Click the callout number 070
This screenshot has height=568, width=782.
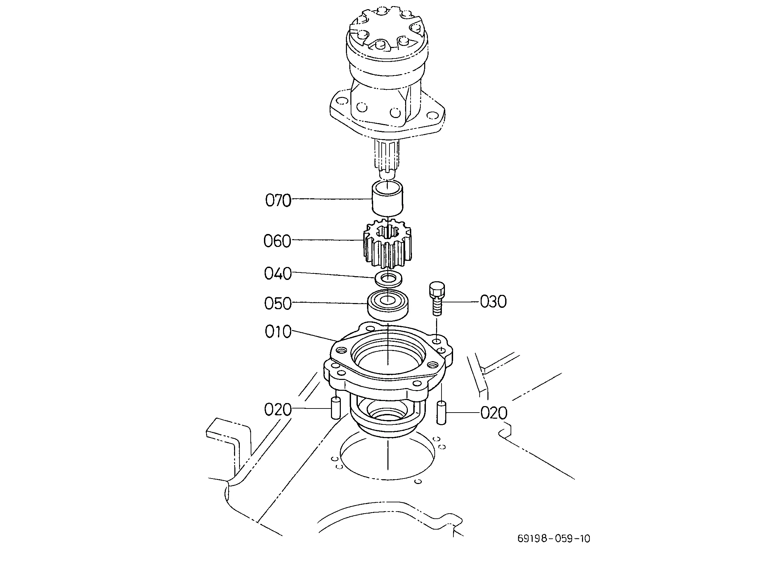pos(278,200)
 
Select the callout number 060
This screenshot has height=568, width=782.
pos(277,241)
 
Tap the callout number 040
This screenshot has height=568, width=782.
pos(278,273)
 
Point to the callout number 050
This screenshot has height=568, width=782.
pos(278,303)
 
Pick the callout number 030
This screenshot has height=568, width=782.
pos(494,301)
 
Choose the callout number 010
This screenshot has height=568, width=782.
pos(278,332)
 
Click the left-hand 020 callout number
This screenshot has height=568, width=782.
pos(278,410)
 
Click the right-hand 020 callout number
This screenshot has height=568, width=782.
pos(494,413)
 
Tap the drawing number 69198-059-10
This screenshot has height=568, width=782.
pos(554,539)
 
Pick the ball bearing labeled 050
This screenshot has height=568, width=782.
pos(388,305)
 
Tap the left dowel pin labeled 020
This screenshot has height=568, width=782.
pos(336,408)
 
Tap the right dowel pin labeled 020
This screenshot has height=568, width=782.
pos(441,413)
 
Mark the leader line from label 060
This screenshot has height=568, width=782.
pos(328,240)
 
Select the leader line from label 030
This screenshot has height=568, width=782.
pos(461,302)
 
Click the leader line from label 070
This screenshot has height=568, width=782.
pos(332,199)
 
